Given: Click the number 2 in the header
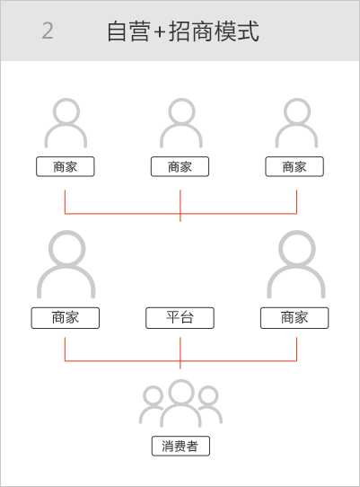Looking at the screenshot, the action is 48,31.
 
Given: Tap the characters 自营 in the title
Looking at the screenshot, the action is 127,31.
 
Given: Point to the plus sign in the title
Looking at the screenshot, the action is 159,31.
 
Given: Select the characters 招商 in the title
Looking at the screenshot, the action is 190,31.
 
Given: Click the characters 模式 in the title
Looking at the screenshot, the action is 236,31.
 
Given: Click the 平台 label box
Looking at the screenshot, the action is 180,318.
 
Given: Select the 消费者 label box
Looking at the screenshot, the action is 180,446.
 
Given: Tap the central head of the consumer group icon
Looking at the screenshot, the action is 181,392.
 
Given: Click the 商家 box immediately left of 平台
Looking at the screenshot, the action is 66,318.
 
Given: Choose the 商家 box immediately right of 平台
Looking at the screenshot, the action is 294,318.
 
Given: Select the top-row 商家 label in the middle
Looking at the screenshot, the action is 180,167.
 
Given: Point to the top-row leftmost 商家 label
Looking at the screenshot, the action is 66,167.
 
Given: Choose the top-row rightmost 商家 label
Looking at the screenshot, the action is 294,167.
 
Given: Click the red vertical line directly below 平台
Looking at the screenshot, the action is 180,353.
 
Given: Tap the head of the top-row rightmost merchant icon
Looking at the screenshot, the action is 297,111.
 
